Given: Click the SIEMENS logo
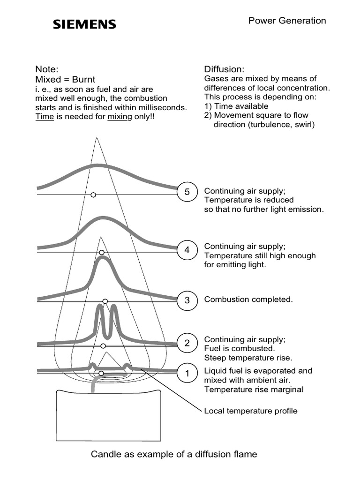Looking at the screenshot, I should pos(84,24).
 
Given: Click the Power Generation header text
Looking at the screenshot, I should pos(287,21).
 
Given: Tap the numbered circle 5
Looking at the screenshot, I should pos(187,192).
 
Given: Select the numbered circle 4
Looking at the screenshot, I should pos(187,250).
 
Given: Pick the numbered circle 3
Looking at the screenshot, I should pos(187,300).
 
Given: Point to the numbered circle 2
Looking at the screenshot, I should pos(187,343).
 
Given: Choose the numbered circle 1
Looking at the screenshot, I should pos(187,374).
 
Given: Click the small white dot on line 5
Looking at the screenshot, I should pos(93,194).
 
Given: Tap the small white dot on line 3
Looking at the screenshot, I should pos(105,301).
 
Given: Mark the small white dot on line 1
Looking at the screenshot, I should pos(101,373).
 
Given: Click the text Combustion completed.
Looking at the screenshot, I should pos(248,300).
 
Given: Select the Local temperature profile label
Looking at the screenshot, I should pos(251,411).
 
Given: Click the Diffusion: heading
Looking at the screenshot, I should pos(225,69).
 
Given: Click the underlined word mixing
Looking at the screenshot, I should pos(120,117).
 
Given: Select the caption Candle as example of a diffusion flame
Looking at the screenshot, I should pos(174,454).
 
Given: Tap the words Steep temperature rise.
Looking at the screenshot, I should pos(248,358).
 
